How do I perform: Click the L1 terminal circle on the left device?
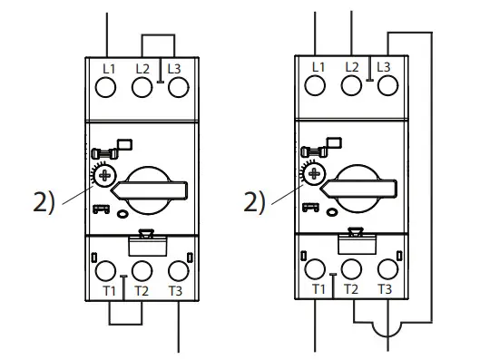[x=106, y=88]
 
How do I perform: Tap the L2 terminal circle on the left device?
[x=142, y=88]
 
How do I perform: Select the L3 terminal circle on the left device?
[x=179, y=88]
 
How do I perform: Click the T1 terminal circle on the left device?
[x=106, y=269]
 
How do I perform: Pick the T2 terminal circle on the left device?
[x=142, y=269]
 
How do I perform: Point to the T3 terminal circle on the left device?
[x=178, y=269]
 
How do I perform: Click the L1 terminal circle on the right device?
[x=316, y=86]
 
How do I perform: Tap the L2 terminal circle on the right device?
[x=352, y=86]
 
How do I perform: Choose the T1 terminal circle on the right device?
[x=316, y=268]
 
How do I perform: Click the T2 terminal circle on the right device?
[x=351, y=268]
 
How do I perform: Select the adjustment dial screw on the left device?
[x=106, y=174]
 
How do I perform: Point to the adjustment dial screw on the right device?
[x=316, y=172]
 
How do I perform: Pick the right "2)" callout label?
[x=255, y=201]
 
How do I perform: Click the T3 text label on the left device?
[x=177, y=292]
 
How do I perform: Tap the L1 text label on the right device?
[x=318, y=66]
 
